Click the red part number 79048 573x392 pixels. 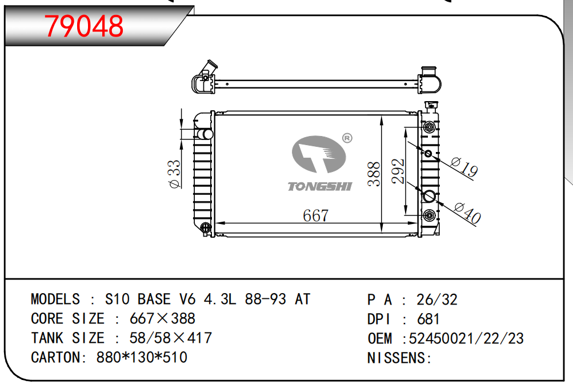[x=83, y=26]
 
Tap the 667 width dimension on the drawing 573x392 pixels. [x=316, y=215]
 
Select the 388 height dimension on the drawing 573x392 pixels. [x=374, y=174]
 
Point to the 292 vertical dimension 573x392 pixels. [x=398, y=171]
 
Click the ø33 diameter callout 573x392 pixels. [x=174, y=174]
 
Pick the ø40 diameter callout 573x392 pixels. [x=467, y=213]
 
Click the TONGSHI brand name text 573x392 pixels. [x=320, y=186]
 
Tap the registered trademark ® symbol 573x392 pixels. [x=347, y=138]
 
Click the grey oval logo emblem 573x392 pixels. [x=319, y=154]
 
